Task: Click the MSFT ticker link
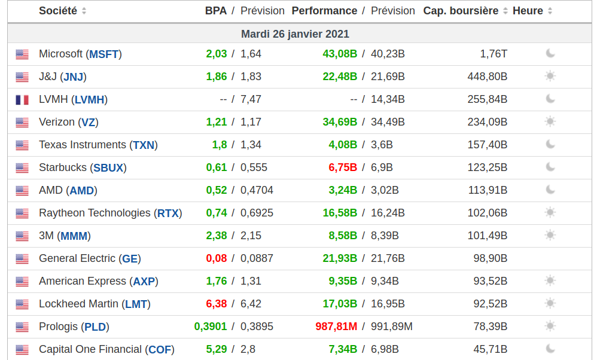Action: point(104,54)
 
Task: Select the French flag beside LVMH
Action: point(22,100)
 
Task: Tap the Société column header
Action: point(58,11)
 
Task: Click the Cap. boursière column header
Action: point(461,11)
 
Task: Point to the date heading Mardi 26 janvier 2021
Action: point(295,34)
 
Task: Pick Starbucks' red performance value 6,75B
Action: point(343,168)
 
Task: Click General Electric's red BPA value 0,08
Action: point(217,259)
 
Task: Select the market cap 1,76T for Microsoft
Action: point(494,54)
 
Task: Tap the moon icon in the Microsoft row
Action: point(550,54)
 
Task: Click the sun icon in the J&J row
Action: point(550,77)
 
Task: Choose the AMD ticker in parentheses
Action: point(82,191)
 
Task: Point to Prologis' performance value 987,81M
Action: point(336,327)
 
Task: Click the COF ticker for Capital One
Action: point(160,350)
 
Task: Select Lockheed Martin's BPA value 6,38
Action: point(217,304)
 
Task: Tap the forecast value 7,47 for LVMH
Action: point(251,100)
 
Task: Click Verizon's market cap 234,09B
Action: point(487,123)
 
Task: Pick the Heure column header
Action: point(528,11)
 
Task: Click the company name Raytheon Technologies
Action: point(95,213)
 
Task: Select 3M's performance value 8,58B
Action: point(343,236)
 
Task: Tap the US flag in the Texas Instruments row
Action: point(22,145)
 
